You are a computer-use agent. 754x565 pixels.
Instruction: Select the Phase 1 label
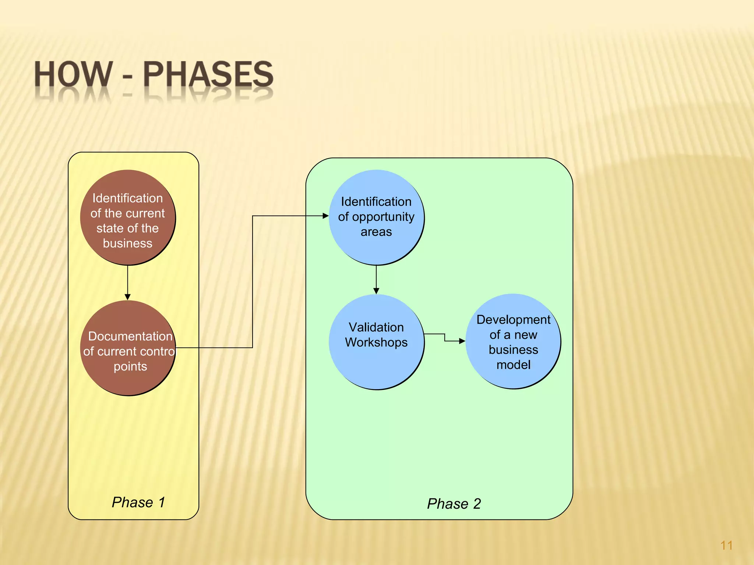point(138,502)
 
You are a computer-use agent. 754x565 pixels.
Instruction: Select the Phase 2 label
point(454,504)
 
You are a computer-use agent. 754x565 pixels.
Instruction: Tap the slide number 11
point(726,545)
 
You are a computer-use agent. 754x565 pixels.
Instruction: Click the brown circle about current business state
point(128,218)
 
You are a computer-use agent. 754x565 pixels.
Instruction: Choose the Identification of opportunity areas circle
point(376,217)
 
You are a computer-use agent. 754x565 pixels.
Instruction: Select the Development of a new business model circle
point(513,341)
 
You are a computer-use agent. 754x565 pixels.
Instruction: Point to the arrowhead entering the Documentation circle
point(128,297)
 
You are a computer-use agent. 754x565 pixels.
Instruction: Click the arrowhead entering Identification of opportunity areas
point(325,216)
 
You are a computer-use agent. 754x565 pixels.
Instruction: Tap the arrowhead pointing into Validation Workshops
point(376,291)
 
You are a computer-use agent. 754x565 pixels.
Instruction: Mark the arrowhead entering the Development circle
point(462,341)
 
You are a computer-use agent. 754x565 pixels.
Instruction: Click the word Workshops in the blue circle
point(376,342)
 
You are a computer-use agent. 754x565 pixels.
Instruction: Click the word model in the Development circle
point(513,365)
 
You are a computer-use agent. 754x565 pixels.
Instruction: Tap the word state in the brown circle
point(107,228)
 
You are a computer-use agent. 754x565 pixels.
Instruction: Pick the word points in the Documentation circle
point(130,366)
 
